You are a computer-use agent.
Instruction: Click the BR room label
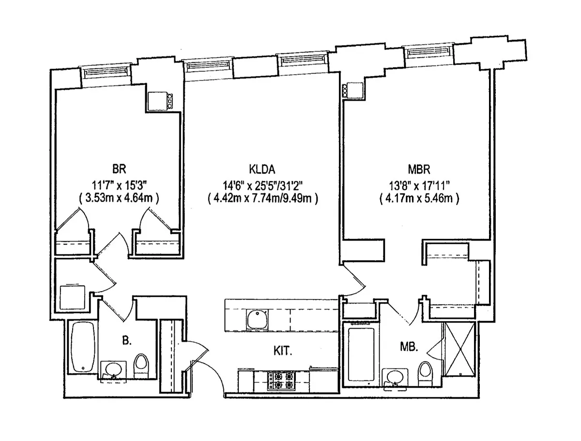119,170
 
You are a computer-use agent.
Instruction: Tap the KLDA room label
262,170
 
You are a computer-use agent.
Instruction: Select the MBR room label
419,170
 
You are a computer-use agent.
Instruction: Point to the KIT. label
283,350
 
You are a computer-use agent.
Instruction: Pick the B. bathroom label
127,341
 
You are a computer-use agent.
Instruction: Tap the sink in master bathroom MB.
395,378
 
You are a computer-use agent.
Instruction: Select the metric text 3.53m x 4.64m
119,198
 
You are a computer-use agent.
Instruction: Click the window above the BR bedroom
107,72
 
